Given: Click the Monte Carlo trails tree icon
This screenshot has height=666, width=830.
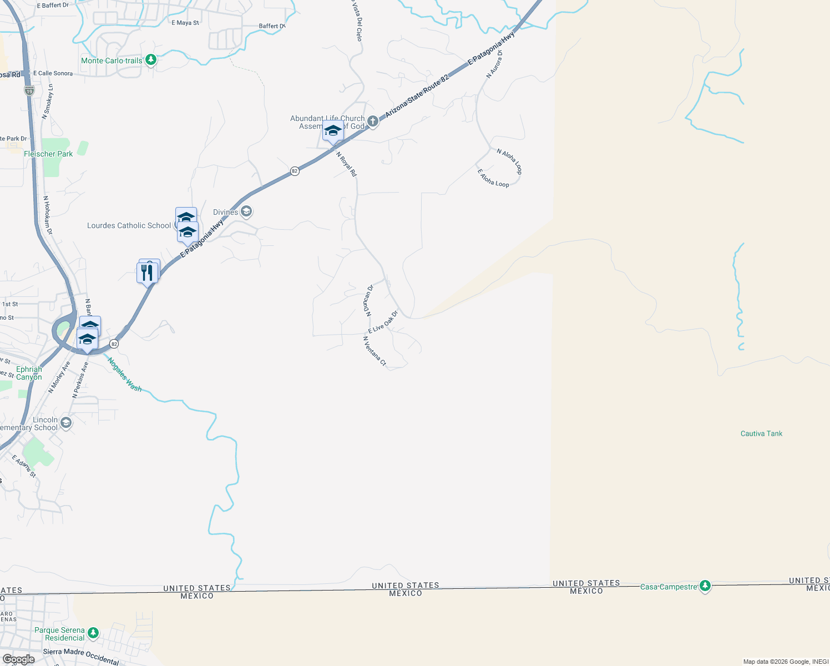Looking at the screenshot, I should (150, 60).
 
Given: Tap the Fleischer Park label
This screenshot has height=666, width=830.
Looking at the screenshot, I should (48, 154).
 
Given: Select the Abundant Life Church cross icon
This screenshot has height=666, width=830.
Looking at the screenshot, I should (373, 122).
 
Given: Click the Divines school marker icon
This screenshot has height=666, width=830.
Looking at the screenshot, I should (247, 211).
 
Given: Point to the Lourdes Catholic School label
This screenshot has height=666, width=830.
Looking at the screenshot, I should (129, 225).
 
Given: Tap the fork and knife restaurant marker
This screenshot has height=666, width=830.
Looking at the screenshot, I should (147, 273).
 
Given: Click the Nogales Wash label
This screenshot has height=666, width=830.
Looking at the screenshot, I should (125, 375).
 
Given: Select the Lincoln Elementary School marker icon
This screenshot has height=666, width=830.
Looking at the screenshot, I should (66, 423).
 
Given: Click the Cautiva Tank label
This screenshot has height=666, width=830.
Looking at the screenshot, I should (761, 433).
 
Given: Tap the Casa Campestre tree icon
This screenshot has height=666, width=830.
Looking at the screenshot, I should (705, 586).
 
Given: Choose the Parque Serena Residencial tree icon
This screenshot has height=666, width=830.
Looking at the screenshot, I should (93, 633).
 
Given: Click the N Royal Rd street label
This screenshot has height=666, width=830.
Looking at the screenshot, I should (347, 164).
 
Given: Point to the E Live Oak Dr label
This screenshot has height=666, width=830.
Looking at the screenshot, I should (383, 322).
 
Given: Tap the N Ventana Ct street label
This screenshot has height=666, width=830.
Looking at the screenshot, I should (374, 351).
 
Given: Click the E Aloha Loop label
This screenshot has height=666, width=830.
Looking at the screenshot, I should (493, 178).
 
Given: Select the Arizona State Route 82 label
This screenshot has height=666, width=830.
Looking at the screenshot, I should (417, 95).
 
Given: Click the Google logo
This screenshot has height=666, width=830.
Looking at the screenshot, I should (18, 659).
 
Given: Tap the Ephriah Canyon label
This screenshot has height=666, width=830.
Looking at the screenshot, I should (29, 373).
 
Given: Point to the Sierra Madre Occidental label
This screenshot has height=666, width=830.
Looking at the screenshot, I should (81, 657).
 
